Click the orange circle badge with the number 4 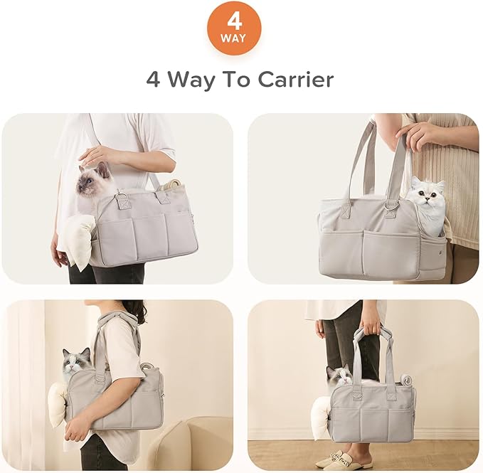click(x=234, y=28)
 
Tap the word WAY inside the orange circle click(x=234, y=38)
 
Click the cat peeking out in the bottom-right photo click(x=338, y=376)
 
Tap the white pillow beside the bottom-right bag click(x=322, y=416)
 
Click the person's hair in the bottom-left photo click(x=134, y=310)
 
